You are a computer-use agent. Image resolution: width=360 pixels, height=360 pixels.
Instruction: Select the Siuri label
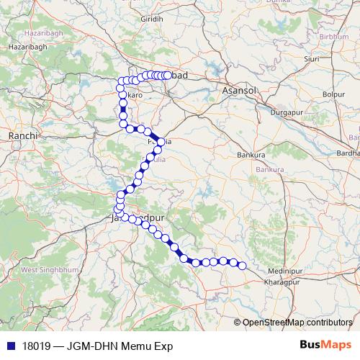[312, 59]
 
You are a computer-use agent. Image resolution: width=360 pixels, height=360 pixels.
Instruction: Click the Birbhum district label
[333, 36]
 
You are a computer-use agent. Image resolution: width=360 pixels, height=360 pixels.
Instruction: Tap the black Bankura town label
[251, 155]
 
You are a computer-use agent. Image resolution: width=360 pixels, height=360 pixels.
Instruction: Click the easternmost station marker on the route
[243, 266]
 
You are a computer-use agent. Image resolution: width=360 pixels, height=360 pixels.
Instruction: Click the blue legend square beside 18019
[10, 346]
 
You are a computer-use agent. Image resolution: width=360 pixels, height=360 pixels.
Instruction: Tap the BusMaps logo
[323, 345]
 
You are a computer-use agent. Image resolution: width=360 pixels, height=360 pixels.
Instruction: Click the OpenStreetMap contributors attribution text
[298, 322]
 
